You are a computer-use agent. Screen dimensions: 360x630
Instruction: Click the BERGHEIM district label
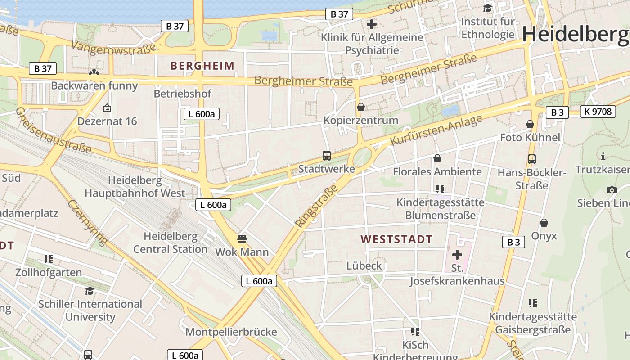pyautogui.click(x=202, y=66)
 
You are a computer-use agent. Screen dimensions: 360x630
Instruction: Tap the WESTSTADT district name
pyautogui.click(x=396, y=239)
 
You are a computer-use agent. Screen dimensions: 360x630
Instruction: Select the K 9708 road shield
pyautogui.click(x=598, y=111)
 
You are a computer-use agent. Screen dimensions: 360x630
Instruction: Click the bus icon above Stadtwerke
pyautogui.click(x=327, y=156)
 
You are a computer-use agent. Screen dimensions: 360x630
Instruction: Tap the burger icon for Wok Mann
pyautogui.click(x=242, y=238)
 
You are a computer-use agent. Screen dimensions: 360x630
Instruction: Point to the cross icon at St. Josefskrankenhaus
pyautogui.click(x=457, y=255)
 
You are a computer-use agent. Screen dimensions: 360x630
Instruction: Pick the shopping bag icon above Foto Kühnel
pyautogui.click(x=530, y=124)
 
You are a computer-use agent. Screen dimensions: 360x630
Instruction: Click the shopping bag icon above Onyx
pyautogui.click(x=544, y=223)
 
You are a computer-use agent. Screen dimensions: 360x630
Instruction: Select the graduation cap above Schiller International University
pyautogui.click(x=90, y=291)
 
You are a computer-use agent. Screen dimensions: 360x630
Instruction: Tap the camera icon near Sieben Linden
pyautogui.click(x=612, y=190)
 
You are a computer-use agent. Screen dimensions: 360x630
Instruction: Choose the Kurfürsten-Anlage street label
pyautogui.click(x=436, y=130)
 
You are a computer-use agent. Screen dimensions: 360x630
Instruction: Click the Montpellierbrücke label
pyautogui.click(x=231, y=332)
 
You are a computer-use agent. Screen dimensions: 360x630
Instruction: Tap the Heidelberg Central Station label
pyautogui.click(x=170, y=243)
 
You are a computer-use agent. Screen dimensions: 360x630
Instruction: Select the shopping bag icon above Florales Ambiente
pyautogui.click(x=437, y=158)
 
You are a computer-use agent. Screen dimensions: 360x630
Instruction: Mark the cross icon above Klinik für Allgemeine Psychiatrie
pyautogui.click(x=372, y=24)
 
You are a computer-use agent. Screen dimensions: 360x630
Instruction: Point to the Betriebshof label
pyautogui.click(x=182, y=94)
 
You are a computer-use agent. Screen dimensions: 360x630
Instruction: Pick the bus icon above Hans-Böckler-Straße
pyautogui.click(x=532, y=159)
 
